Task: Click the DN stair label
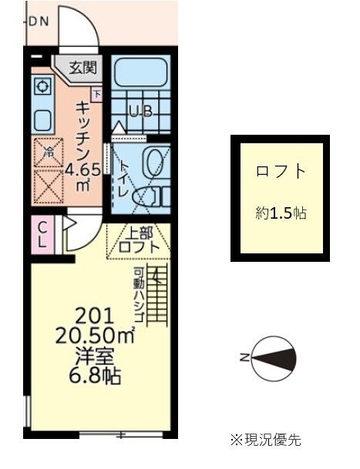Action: coord(39,22)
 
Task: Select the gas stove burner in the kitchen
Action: coord(42,86)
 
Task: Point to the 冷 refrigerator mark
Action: coord(48,152)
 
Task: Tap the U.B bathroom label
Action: coord(140,111)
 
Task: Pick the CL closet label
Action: coord(43,235)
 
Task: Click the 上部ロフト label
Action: coord(139,240)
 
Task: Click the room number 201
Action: coord(94,315)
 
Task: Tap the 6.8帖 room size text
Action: coord(96,377)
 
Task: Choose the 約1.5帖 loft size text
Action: coord(280,214)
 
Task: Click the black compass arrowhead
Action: coord(282,357)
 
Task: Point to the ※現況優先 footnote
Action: coord(265,440)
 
